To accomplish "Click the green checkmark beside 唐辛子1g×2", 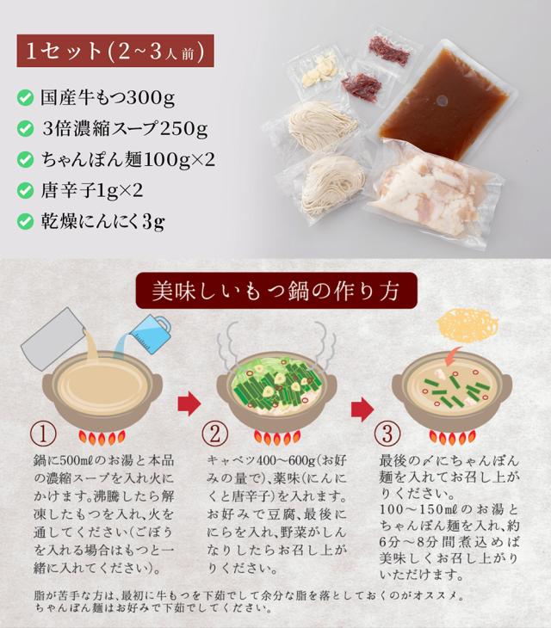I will click(27, 191).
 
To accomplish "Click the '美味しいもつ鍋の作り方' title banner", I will click(275, 292).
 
